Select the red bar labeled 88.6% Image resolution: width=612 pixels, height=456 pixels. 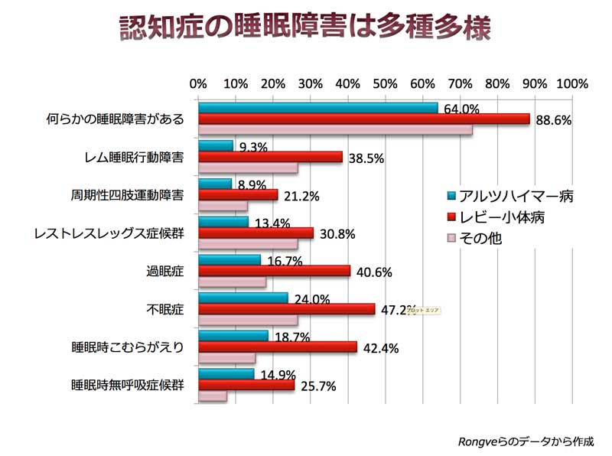coord(363,119)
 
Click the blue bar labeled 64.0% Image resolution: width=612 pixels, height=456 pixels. coord(317,108)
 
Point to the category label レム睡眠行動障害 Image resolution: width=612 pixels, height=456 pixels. coord(135,157)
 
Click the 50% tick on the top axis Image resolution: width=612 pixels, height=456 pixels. coord(385,83)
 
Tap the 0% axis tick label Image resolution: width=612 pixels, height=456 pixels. coord(198,83)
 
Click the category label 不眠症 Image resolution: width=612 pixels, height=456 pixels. coord(165,309)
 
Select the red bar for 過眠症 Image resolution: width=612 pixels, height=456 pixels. coord(274,271)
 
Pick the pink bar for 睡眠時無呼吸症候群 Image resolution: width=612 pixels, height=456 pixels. coord(213,396)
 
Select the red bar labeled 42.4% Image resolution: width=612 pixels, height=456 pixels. coord(278,347)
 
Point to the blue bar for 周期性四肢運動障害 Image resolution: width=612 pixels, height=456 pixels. coord(215,184)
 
